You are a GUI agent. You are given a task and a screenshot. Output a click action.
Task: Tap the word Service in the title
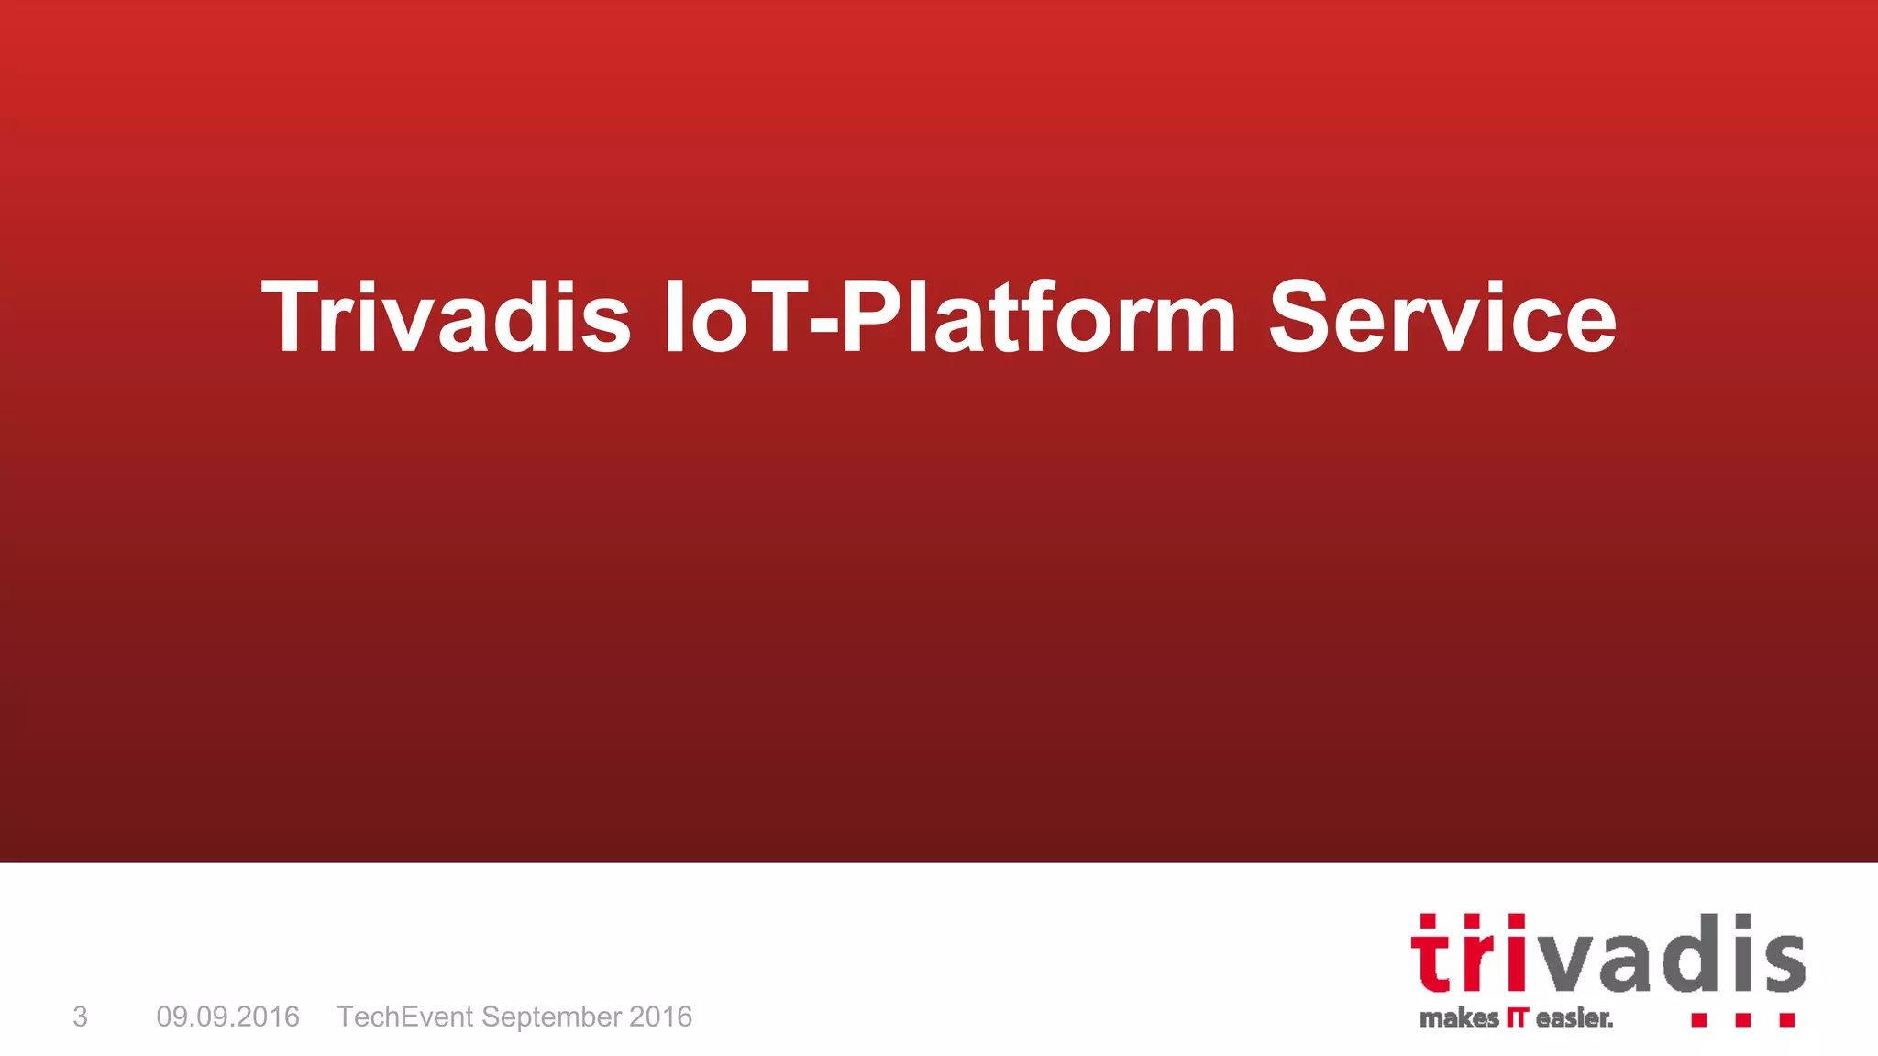1442,317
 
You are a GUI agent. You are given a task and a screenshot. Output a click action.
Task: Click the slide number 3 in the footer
81,1017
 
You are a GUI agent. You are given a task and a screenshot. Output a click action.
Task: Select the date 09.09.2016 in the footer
227,1017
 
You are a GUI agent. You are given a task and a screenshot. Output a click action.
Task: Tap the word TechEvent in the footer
404,1017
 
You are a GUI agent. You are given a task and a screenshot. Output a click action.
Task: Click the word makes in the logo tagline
1458,1017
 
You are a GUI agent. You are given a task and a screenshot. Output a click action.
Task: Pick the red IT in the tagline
1518,1017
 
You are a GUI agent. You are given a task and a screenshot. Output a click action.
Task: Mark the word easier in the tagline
1574,1017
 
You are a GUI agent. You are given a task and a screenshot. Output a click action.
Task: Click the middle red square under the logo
1742,1019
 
